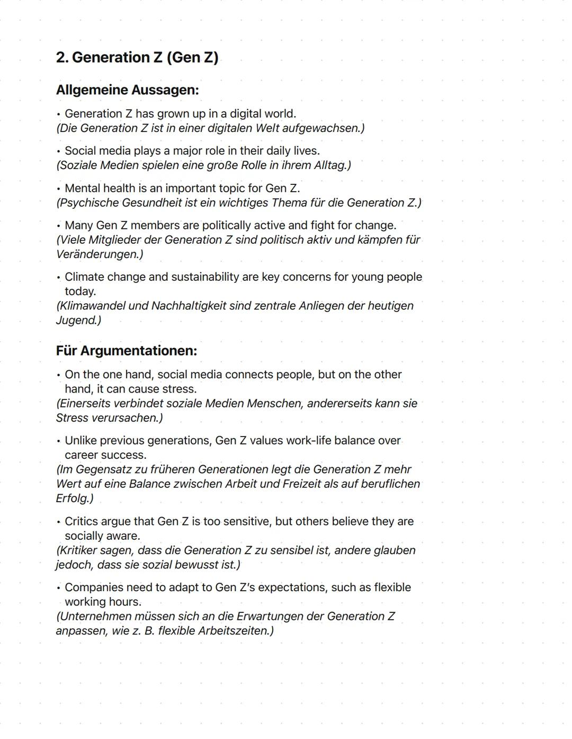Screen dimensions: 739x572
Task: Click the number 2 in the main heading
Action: [61, 58]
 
